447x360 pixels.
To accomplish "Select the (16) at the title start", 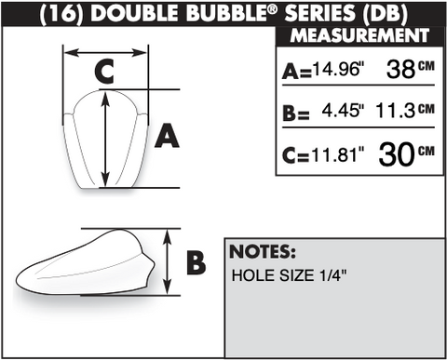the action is (x=61, y=14).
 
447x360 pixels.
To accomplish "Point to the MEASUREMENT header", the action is (x=359, y=35).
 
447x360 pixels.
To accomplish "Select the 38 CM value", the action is (x=410, y=69).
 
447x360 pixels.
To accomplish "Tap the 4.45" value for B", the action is (x=343, y=111).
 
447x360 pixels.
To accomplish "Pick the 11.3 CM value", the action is (x=405, y=111).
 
